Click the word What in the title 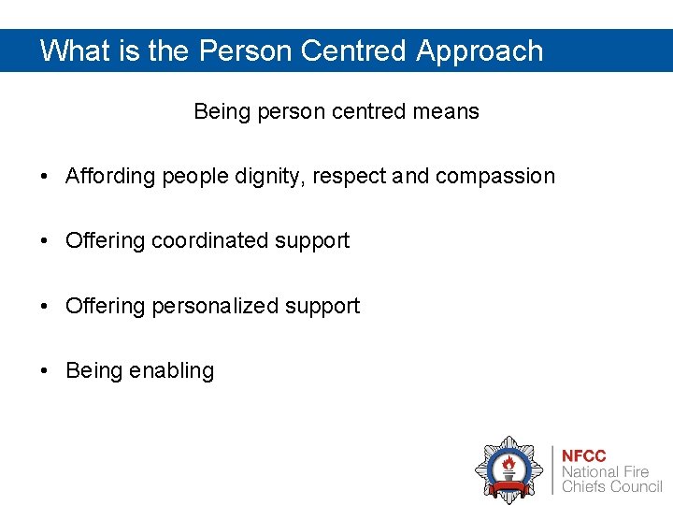[75, 50]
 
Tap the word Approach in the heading [480, 50]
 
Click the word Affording [110, 176]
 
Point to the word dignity [264, 177]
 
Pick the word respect [351, 177]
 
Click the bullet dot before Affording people [45, 177]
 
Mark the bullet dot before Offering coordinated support [45, 241]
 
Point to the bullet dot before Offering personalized [45, 307]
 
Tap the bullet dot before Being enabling [45, 371]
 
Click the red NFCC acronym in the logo [583, 456]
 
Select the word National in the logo [591, 472]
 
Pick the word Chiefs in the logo [583, 487]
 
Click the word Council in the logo [636, 487]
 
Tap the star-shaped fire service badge [508, 469]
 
